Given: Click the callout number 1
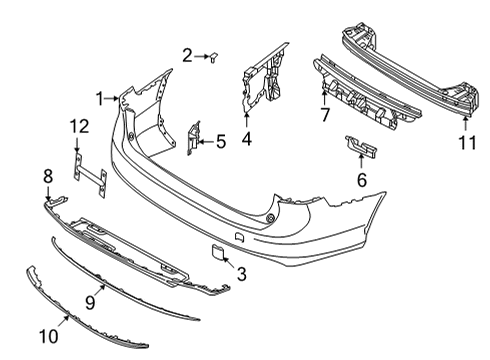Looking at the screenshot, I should [x=100, y=97].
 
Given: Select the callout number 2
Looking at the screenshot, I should [x=187, y=55].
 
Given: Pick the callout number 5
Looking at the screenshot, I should [x=221, y=142].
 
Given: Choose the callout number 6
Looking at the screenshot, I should [x=361, y=180].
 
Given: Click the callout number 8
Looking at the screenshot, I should [x=47, y=177].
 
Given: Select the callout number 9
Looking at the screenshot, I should [x=89, y=300].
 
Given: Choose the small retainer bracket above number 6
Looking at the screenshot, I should [x=359, y=147].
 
